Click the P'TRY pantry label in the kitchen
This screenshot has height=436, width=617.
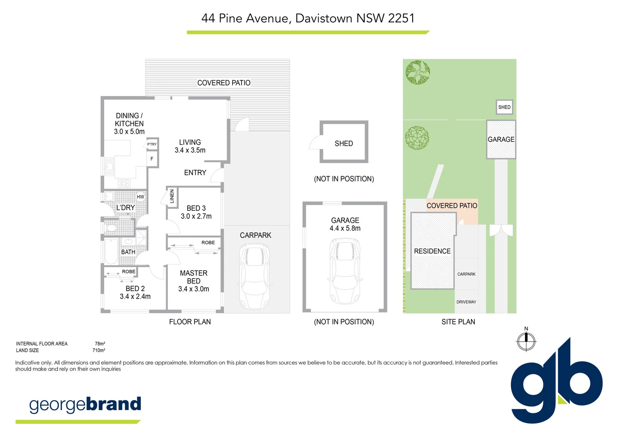click(152, 144)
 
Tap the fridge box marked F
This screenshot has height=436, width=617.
click(152, 159)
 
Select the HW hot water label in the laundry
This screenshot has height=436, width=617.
click(140, 197)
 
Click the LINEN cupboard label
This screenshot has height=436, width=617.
click(172, 196)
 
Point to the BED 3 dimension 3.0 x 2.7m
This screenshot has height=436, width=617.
click(196, 216)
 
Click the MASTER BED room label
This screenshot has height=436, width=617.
click(193, 277)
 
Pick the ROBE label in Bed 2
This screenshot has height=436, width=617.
click(128, 272)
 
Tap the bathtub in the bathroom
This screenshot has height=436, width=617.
click(111, 252)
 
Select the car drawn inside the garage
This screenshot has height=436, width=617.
click(345, 270)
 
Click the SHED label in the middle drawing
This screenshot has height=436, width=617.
click(344, 143)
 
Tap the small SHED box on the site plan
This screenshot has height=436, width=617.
click(504, 107)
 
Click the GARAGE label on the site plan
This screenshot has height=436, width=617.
click(501, 139)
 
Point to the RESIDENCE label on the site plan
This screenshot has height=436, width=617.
click(432, 251)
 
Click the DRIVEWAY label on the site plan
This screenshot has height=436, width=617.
click(466, 302)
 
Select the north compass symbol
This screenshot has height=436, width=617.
click(526, 341)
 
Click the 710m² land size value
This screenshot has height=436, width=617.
click(99, 350)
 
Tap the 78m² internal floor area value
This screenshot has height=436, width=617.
click(100, 344)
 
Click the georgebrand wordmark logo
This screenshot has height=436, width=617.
click(85, 405)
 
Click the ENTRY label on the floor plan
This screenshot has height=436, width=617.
click(195, 173)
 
